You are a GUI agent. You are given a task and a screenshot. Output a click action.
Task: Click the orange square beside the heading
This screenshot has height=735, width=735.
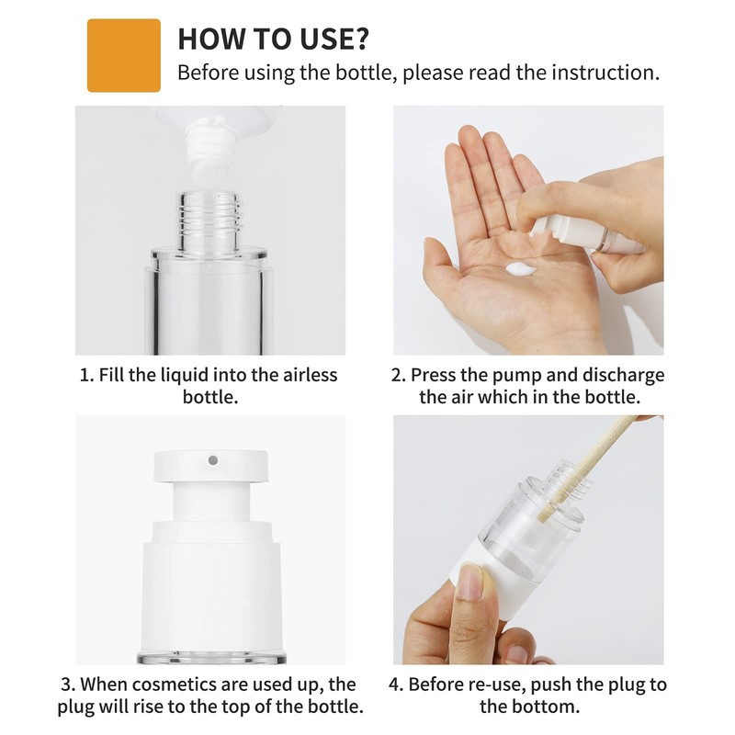click(x=124, y=55)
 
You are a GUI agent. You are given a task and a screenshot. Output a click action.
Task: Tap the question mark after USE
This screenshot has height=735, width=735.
click(x=359, y=39)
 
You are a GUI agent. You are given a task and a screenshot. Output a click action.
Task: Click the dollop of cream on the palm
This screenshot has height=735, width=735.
click(x=520, y=269)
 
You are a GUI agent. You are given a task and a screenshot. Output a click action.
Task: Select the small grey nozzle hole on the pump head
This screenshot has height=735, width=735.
click(x=213, y=460)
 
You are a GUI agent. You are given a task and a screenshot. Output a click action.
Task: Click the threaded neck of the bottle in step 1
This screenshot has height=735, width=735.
click(x=209, y=220)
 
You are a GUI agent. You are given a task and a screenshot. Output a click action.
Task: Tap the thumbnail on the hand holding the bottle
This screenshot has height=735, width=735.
click(x=470, y=582)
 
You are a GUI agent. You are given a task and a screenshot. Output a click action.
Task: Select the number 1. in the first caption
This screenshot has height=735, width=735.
click(x=87, y=376)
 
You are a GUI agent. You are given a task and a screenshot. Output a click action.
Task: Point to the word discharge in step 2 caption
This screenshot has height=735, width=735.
click(x=623, y=376)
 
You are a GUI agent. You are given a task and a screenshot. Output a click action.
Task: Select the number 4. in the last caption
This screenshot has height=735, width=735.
click(x=396, y=684)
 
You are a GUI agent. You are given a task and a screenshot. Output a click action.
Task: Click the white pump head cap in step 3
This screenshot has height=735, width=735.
click(x=210, y=467)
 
